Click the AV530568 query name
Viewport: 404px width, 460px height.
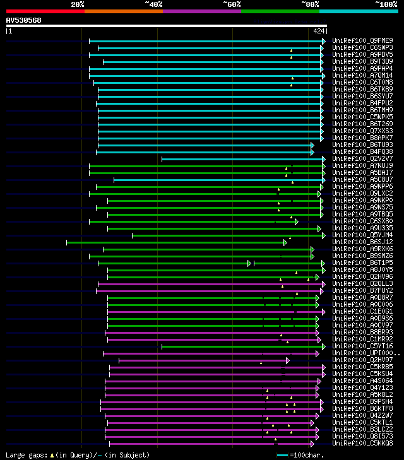pos(24,20)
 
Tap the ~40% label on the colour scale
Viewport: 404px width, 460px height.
pos(153,4)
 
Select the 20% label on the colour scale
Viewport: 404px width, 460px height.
pos(78,4)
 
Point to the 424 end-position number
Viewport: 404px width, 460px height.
pos(319,30)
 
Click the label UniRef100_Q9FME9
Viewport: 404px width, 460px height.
pos(362,40)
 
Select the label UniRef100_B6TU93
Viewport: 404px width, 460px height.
pos(362,144)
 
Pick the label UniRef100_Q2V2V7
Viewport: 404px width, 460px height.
pos(362,158)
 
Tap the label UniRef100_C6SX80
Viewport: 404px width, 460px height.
pos(362,221)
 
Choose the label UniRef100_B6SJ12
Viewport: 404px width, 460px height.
pos(362,242)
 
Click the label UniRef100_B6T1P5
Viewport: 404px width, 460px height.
pos(362,262)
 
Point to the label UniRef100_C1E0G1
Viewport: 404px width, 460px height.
pos(362,311)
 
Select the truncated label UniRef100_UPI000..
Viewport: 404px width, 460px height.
pos(365,353)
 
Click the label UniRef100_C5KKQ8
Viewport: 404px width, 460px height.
pos(362,443)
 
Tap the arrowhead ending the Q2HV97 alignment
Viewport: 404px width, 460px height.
pos(287,360)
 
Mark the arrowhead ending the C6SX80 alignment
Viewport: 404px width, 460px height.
pos(296,221)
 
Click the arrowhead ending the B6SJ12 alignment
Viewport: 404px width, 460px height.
pos(285,242)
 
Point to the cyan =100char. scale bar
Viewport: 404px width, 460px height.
pos(282,455)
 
